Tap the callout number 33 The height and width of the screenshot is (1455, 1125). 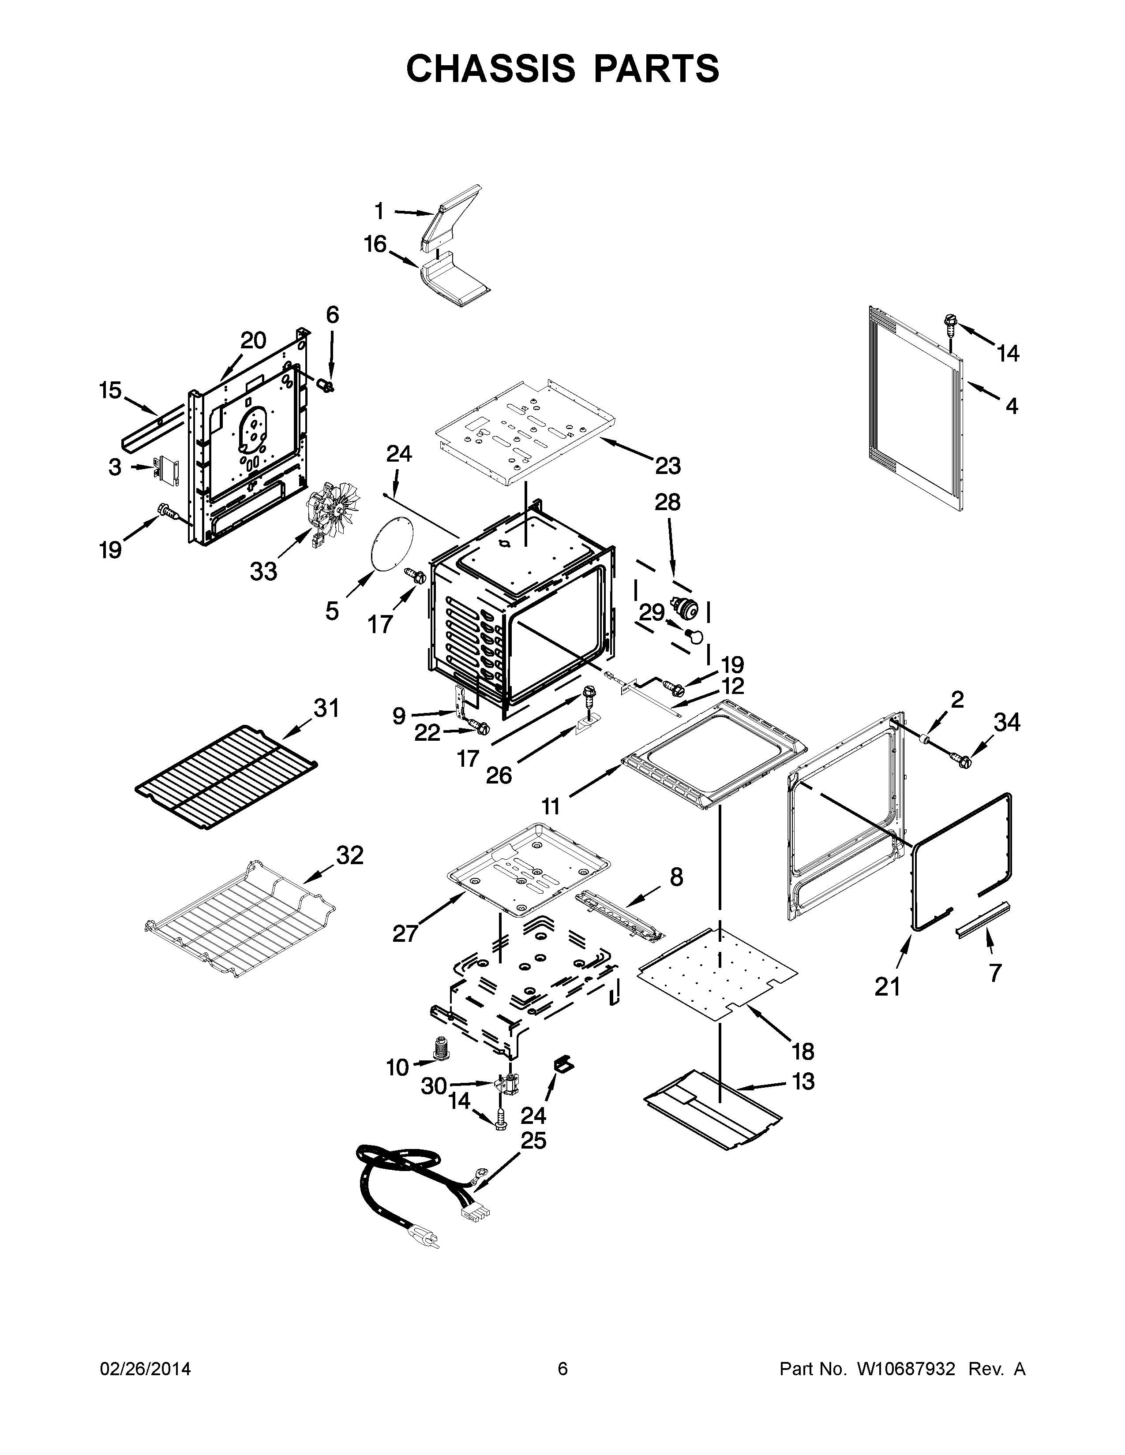(x=263, y=571)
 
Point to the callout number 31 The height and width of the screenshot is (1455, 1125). (x=326, y=708)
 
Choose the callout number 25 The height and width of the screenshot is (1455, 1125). (x=533, y=1141)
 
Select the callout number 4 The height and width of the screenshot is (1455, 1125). (x=1012, y=405)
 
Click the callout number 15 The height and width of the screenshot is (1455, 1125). (x=111, y=390)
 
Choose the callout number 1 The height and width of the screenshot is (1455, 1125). (x=379, y=211)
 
